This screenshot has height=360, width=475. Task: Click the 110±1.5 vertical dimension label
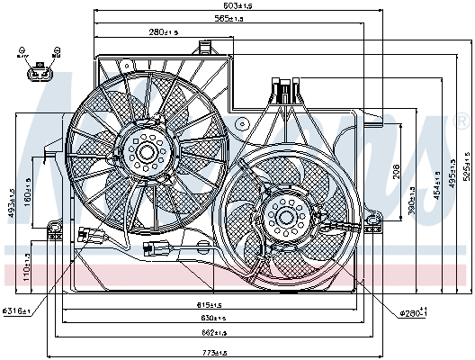28,267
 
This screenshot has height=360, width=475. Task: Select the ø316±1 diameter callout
17,310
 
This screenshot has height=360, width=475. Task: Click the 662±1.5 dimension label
212,333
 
